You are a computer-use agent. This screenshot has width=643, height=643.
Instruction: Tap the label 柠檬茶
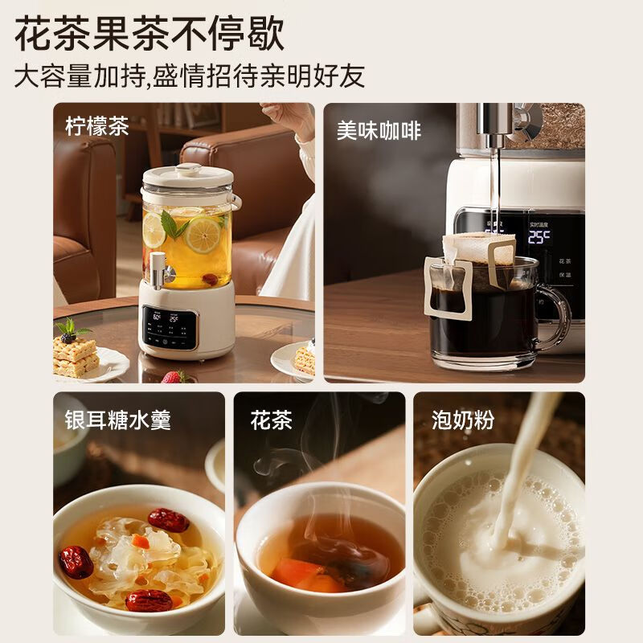point(97,127)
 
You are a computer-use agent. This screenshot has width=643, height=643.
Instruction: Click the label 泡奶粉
point(463,420)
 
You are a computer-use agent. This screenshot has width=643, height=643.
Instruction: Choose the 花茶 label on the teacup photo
point(271,420)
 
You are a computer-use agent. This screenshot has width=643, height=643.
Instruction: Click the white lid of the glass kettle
point(189,174)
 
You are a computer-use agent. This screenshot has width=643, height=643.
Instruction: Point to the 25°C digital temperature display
point(539,236)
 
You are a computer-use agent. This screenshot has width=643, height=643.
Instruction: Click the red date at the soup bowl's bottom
point(149,600)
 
